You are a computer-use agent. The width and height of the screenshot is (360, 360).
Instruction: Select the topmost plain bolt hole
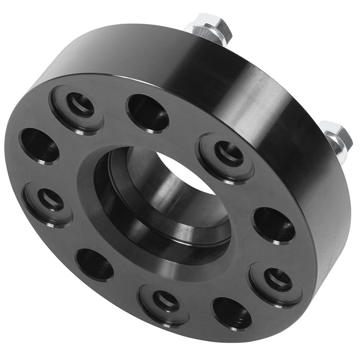pyautogui.click(x=148, y=113)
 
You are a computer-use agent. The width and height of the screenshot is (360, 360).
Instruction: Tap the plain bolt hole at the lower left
pyautogui.click(x=95, y=264)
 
